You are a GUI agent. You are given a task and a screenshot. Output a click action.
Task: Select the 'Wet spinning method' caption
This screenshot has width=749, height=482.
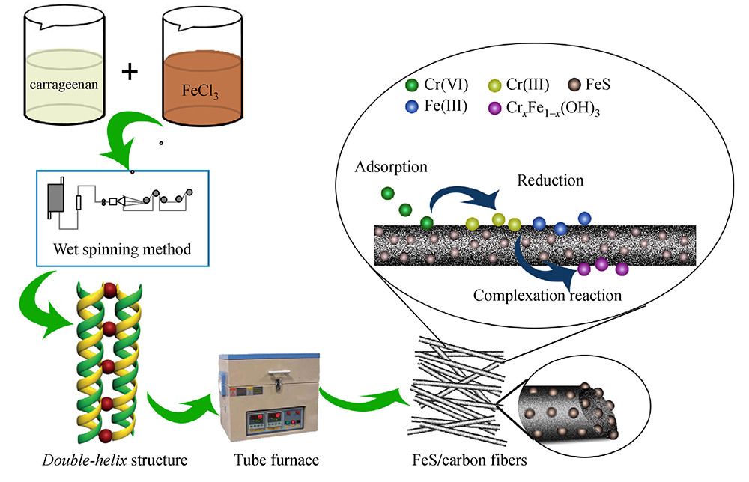[x=123, y=248]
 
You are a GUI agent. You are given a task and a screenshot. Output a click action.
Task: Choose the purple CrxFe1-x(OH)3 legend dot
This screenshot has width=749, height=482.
[x=495, y=108]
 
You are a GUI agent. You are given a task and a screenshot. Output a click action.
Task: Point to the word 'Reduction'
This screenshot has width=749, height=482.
[x=550, y=180]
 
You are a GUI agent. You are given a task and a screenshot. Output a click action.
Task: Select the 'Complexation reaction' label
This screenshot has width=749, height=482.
[x=548, y=295]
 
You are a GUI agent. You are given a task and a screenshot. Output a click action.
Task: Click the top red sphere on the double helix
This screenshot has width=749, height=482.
[x=110, y=289]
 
